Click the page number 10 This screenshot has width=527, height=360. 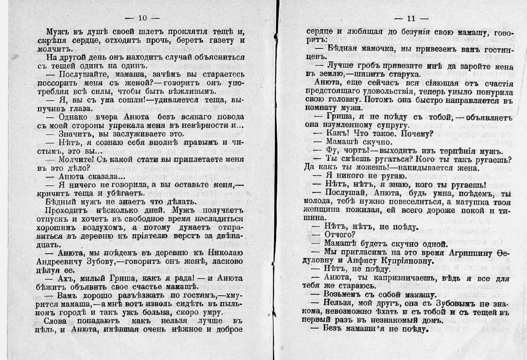pos(142,18)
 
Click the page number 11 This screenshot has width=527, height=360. pos(411,18)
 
